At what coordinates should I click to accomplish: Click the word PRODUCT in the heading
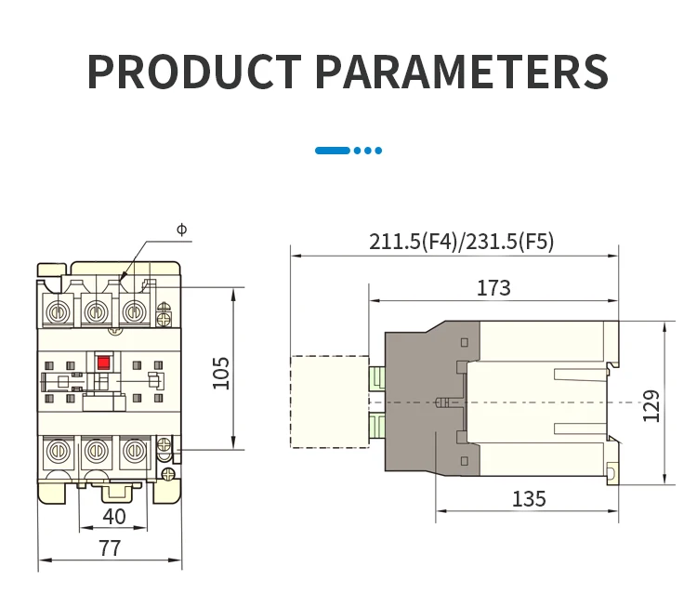pyautogui.click(x=194, y=72)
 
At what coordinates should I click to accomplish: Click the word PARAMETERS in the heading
pyautogui.click(x=462, y=72)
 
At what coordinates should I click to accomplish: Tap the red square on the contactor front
pyautogui.click(x=103, y=362)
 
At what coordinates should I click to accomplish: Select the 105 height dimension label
pyautogui.click(x=221, y=374)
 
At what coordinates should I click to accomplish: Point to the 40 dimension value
pyautogui.click(x=113, y=517)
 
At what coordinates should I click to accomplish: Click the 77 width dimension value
pyautogui.click(x=110, y=548)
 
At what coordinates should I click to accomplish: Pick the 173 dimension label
pyautogui.click(x=493, y=288)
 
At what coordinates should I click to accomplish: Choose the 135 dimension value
pyautogui.click(x=529, y=499)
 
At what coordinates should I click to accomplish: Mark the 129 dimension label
pyautogui.click(x=651, y=406)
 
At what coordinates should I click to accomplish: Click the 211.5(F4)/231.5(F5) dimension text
pyautogui.click(x=461, y=242)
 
